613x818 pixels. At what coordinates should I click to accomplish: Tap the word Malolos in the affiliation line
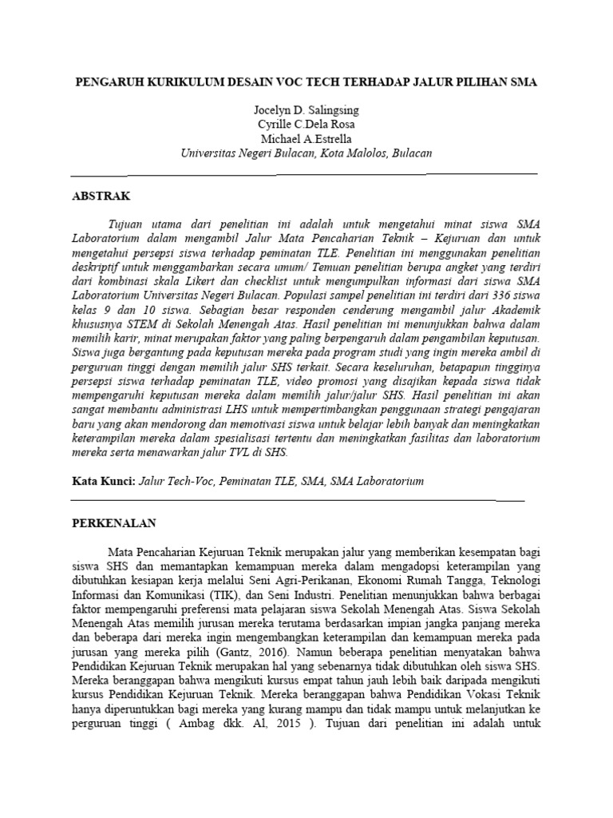[360, 154]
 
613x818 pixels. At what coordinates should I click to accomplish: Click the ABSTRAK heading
[101, 195]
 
